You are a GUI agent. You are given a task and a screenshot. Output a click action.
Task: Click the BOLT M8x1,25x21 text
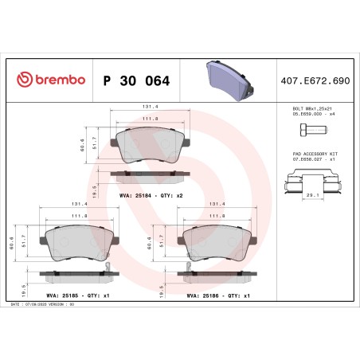(311, 108)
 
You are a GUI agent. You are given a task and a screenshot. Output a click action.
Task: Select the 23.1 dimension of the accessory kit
(311, 194)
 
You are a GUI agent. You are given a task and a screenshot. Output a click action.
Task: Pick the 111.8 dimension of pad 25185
(80, 215)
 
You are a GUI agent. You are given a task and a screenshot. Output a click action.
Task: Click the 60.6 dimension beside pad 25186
(148, 246)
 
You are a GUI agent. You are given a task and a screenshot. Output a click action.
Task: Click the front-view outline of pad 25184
(149, 144)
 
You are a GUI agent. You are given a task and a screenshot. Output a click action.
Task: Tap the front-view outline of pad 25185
(80, 243)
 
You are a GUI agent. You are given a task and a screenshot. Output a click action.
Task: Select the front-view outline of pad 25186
(217, 243)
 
